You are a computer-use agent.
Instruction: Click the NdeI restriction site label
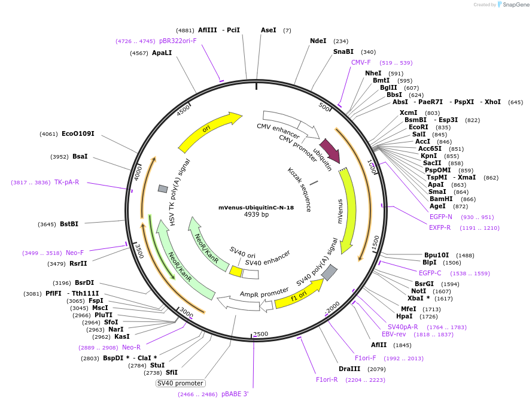[x=318, y=41]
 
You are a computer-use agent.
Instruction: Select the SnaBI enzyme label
[x=343, y=51]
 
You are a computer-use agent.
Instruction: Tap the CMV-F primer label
[x=361, y=62]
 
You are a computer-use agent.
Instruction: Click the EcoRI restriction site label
[x=418, y=127]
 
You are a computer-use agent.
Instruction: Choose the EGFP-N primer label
[x=441, y=217]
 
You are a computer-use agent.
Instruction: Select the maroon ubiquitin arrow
[x=330, y=150]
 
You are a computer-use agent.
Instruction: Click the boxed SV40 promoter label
[x=181, y=383]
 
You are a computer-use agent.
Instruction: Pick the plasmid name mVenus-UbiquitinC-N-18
[x=256, y=208]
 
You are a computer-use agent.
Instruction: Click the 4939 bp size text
[x=256, y=214]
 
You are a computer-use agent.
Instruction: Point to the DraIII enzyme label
[x=349, y=369]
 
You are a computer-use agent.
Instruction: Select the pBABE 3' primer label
[x=235, y=394]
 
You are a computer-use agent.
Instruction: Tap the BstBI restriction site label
[x=69, y=224]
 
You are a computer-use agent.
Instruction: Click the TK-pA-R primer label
[x=66, y=182]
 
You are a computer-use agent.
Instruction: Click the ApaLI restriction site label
[x=162, y=53]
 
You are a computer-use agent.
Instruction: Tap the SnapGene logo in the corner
[x=514, y=5]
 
